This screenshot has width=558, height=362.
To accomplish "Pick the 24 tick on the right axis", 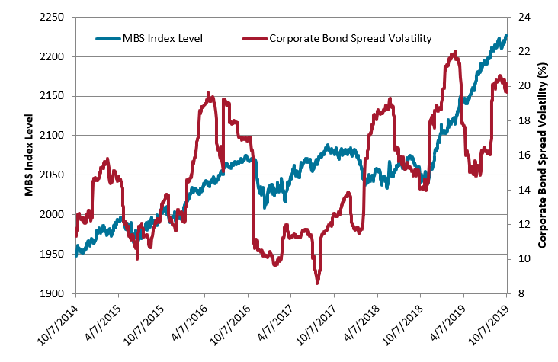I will tap(525, 17).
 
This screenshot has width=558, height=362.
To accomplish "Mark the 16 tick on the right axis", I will tap(525, 155).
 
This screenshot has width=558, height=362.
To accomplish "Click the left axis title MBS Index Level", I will tap(28, 155).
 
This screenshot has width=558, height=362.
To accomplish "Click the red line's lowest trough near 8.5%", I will tap(317, 283).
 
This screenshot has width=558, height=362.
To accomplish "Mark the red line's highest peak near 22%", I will tap(455, 52).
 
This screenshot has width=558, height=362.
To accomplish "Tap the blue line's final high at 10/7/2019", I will tap(505, 35).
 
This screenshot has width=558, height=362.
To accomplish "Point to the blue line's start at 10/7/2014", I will tap(76, 252).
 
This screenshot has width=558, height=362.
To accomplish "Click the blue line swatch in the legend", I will tap(109, 37).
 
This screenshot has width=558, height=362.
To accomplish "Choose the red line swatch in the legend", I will tap(254, 37).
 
